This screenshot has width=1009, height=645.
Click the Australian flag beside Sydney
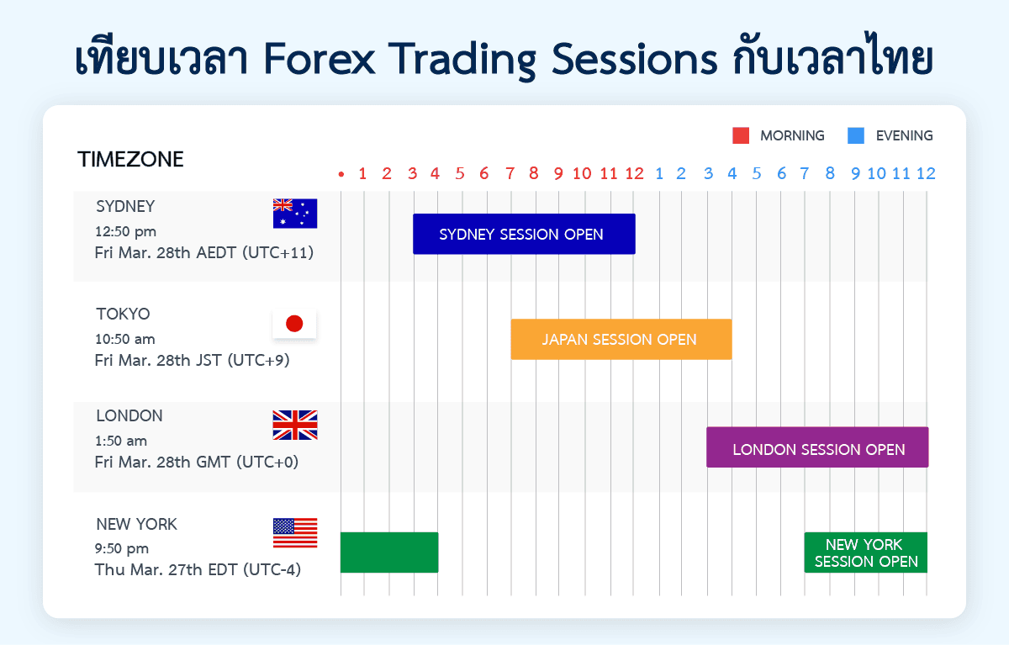pyautogui.click(x=295, y=214)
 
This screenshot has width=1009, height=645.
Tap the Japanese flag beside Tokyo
pyautogui.click(x=294, y=324)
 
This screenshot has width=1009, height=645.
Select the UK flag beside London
pyautogui.click(x=295, y=426)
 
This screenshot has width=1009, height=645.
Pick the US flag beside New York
pyautogui.click(x=295, y=533)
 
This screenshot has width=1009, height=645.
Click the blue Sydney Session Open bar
pyautogui.click(x=523, y=234)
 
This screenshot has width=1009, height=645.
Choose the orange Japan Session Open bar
pyautogui.click(x=621, y=340)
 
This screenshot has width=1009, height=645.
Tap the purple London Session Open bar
pyautogui.click(x=817, y=448)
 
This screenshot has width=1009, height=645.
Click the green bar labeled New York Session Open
pyautogui.click(x=865, y=553)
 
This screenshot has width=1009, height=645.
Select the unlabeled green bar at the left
pyautogui.click(x=388, y=552)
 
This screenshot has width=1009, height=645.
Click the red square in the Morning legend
pyautogui.click(x=741, y=135)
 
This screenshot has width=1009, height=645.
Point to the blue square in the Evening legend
pyautogui.click(x=856, y=135)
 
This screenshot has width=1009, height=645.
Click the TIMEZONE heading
pyautogui.click(x=130, y=160)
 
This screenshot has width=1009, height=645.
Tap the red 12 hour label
pyautogui.click(x=635, y=174)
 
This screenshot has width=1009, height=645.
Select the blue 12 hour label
pyautogui.click(x=925, y=174)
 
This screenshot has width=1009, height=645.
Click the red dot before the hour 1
pyautogui.click(x=341, y=175)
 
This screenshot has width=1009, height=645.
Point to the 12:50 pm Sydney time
pyautogui.click(x=126, y=231)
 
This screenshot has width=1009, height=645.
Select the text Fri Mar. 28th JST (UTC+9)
pyautogui.click(x=193, y=361)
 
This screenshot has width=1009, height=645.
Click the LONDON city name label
pyautogui.click(x=129, y=416)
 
